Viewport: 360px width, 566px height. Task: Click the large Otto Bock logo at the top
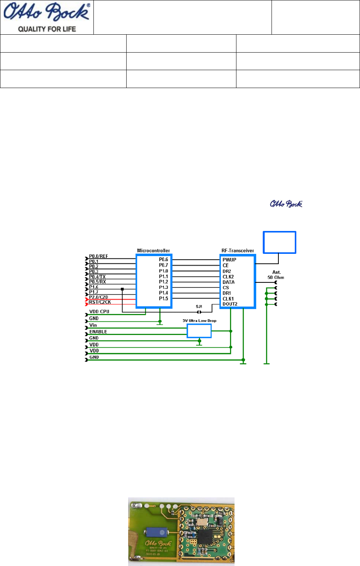(x=47, y=12)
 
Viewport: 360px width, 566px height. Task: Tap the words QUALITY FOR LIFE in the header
(x=47, y=29)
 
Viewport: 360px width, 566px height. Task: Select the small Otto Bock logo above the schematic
(x=286, y=204)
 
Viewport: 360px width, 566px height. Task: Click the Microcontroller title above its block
(x=153, y=250)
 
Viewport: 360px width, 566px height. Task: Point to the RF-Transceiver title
(x=238, y=250)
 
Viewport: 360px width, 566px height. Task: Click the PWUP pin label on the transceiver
(x=229, y=260)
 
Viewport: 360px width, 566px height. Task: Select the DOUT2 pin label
(x=230, y=304)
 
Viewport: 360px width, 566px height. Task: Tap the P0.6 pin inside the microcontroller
(x=163, y=260)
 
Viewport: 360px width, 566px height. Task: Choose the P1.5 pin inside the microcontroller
(x=163, y=298)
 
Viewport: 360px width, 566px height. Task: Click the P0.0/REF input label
(x=98, y=256)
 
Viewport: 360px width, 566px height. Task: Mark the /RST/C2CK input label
(x=100, y=302)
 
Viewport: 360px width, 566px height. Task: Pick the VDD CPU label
(x=99, y=311)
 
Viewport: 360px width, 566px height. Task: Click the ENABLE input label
(x=98, y=332)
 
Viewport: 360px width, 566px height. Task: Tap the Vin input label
(x=93, y=325)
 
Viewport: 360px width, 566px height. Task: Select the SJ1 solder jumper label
(x=199, y=306)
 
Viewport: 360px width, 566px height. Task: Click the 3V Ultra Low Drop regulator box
(x=199, y=331)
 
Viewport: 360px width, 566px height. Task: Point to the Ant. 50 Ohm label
(x=276, y=275)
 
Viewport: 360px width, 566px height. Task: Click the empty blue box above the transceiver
(x=280, y=242)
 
